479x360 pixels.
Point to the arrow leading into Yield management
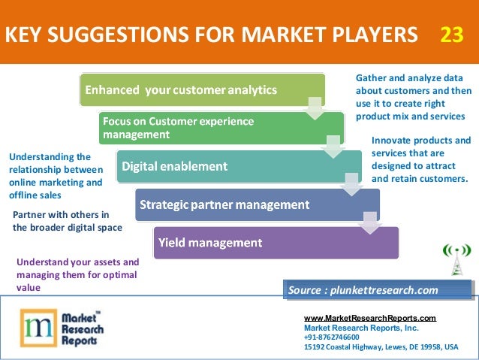point(368,220)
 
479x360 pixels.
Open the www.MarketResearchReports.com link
point(369,319)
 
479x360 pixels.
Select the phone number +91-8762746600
point(332,337)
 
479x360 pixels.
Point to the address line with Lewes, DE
point(380,347)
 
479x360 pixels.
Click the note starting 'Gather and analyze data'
point(410,98)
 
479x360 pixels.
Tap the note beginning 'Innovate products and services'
point(420,159)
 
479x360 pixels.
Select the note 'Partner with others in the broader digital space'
point(67,220)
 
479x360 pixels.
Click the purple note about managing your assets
point(77,274)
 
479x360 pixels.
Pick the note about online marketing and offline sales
point(56,175)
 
